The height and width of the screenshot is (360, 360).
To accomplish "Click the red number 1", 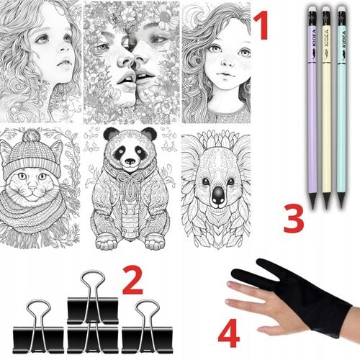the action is [x=261, y=25].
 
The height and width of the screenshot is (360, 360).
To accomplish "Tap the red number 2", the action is [x=133, y=280].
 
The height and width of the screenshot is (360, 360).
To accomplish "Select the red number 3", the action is [x=294, y=219].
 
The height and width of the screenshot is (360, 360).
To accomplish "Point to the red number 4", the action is [x=228, y=333].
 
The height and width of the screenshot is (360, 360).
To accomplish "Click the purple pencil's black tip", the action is [x=312, y=201].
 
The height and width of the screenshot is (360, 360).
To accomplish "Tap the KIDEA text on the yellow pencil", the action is [x=326, y=38].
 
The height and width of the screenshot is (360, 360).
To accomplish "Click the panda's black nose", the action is [x=130, y=161].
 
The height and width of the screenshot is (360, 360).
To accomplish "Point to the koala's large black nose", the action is [x=218, y=195].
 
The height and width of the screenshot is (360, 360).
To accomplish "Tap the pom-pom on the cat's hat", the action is [x=31, y=135].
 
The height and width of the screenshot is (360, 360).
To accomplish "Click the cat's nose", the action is [x=32, y=187].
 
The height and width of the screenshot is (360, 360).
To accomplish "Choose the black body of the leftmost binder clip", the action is [x=38, y=340].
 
